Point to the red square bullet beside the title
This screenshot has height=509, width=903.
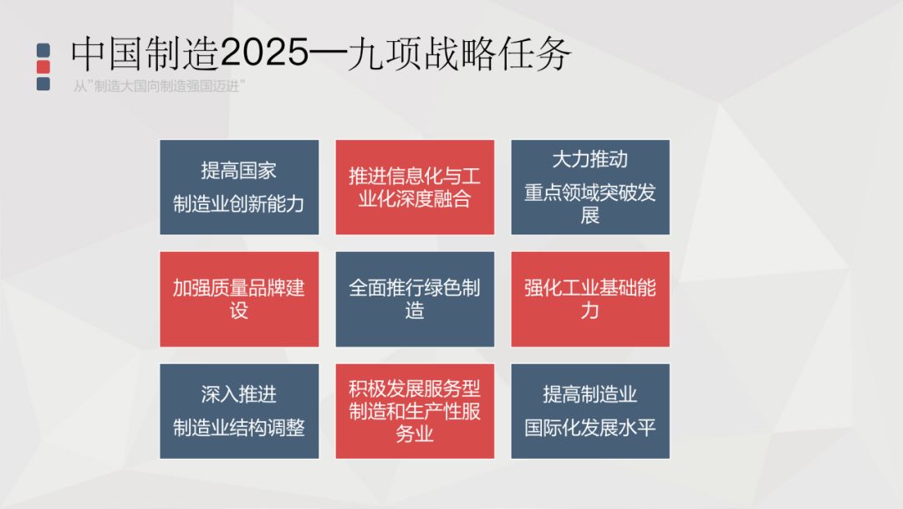pos(44,67)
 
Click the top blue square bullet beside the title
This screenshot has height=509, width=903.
pos(44,50)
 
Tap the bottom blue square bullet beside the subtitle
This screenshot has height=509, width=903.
pos(44,84)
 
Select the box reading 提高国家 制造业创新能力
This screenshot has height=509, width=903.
pos(239,187)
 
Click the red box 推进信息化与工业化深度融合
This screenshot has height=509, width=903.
pos(415,187)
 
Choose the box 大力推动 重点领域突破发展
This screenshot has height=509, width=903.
pos(590,187)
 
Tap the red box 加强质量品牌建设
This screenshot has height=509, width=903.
pos(239,299)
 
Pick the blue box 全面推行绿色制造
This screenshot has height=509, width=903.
pos(415,299)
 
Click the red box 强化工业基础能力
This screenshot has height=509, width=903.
pos(590,299)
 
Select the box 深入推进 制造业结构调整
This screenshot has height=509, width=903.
pos(239,411)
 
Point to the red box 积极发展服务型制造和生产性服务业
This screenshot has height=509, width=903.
pos(415,411)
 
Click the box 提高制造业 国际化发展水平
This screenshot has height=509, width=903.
pos(590,411)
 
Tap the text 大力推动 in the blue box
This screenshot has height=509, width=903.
pos(590,159)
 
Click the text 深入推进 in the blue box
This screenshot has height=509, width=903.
pos(239,394)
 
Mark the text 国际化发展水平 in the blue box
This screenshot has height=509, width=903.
pos(590,428)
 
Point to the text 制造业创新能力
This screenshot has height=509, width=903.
pos(239,203)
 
